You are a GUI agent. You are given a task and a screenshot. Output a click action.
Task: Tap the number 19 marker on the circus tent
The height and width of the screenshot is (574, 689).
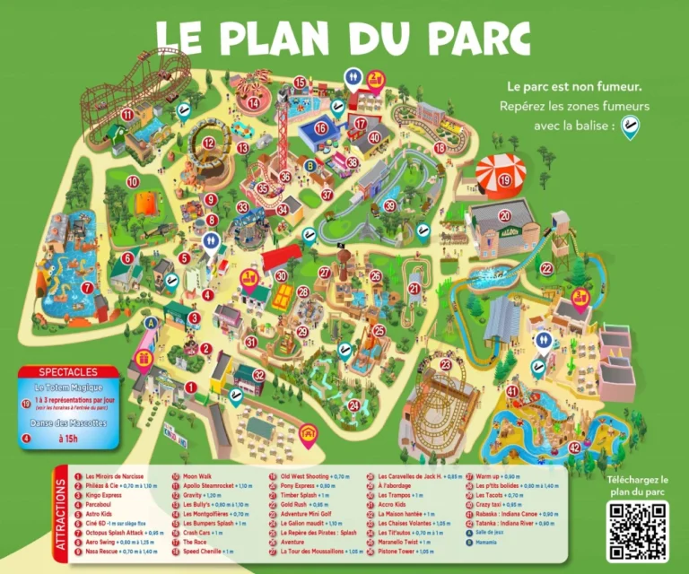(505, 180)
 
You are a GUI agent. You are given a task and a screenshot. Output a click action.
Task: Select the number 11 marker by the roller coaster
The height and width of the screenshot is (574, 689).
(127, 115)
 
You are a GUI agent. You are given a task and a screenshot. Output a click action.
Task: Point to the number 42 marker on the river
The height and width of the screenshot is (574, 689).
(574, 448)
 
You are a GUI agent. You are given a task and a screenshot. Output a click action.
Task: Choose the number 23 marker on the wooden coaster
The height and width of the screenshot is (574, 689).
(446, 365)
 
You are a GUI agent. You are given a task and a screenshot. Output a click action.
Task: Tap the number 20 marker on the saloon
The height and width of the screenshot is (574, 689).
(505, 215)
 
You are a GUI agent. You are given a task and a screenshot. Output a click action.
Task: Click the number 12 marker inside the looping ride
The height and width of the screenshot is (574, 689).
(208, 142)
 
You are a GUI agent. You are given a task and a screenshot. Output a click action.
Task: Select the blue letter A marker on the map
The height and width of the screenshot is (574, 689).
(151, 323)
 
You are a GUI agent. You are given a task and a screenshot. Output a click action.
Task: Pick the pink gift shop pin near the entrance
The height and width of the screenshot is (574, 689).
(143, 360)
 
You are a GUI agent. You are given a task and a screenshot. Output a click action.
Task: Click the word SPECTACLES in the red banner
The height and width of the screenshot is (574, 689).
(68, 371)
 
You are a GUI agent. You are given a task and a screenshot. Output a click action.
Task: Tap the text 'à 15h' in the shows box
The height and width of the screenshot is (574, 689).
(68, 439)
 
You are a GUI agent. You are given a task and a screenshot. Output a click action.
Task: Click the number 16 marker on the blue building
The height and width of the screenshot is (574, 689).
(319, 128)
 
